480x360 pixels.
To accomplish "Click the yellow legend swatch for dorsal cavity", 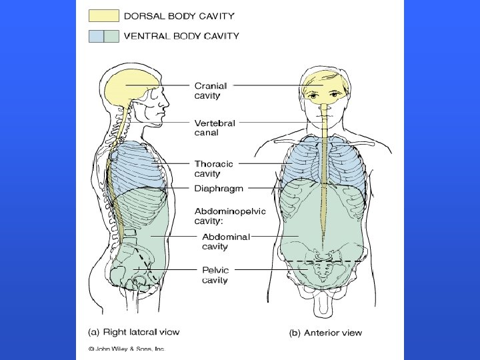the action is click(104, 16).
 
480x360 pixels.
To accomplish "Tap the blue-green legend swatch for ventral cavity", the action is click(104, 36).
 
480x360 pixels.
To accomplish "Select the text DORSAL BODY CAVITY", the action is click(179, 16).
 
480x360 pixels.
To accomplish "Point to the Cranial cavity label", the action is click(211, 91).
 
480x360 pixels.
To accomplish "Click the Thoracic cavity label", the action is click(213, 168).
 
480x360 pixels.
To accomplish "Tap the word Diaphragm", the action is click(219, 189).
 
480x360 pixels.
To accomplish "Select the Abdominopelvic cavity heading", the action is click(229, 216).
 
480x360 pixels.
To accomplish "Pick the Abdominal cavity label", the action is click(225, 241).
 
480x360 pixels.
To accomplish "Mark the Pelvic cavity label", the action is click(215, 275).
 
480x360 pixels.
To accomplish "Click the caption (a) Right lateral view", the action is click(134, 332).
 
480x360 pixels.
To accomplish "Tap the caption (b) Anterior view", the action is click(325, 333).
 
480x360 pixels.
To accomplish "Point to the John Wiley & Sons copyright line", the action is click(127, 349).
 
